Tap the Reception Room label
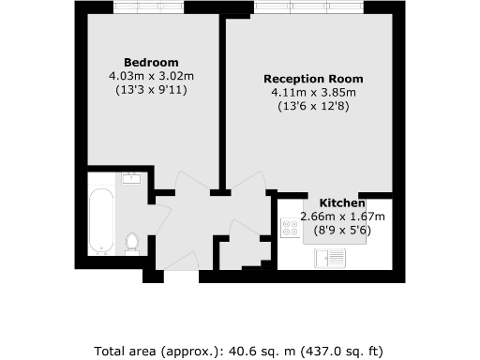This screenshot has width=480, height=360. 312,79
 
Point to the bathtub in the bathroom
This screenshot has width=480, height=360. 101,221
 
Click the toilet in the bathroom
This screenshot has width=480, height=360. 132,243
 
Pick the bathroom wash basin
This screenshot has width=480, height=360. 130,179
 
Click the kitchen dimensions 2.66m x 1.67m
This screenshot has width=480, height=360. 342,217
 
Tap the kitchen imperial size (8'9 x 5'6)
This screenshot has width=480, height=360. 342,230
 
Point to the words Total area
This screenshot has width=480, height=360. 127,352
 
